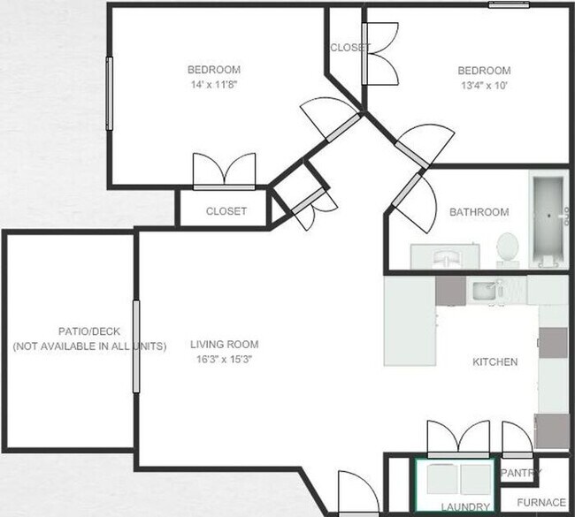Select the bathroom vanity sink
coord(445,256)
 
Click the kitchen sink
coord(484,290)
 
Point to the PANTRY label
coord(521,474)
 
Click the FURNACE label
coord(541,503)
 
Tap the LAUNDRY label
coord(464,506)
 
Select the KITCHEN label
coord(495,362)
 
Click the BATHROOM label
coord(479,212)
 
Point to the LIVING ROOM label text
coord(225,345)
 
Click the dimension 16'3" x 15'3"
coord(225,359)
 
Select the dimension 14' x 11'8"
coord(213,85)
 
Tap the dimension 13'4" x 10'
coord(483,86)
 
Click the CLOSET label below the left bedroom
coord(226,211)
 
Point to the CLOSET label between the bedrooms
coord(350,48)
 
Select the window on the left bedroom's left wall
coord(110,93)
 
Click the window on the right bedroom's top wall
coord(510,4)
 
